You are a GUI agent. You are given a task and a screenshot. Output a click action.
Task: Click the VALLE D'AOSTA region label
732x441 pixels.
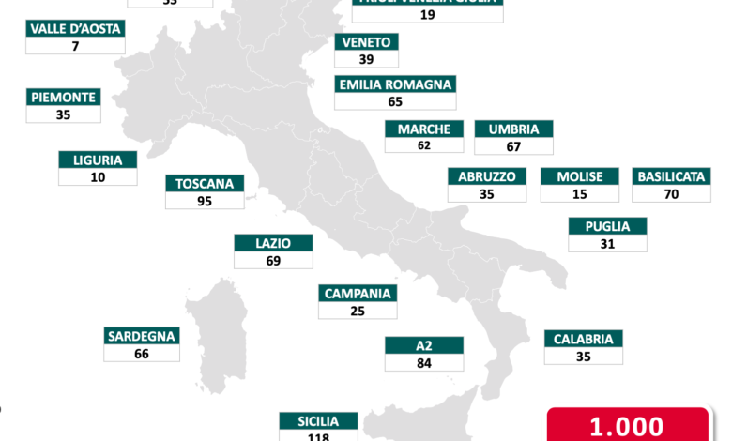click(75, 28)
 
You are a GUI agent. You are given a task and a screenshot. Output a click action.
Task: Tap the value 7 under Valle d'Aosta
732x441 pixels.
click(75, 45)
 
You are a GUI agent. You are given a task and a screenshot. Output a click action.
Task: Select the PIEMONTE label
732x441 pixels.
click(64, 97)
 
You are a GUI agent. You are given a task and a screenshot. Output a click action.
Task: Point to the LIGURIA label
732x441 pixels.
click(98, 160)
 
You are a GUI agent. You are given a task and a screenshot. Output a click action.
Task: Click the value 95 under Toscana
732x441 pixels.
click(204, 201)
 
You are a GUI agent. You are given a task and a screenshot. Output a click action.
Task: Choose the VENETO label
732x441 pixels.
click(367, 41)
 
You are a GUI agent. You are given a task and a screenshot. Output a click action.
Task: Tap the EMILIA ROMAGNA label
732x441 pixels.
click(394, 84)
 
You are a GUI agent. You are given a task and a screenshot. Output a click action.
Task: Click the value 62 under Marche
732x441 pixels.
click(424, 145)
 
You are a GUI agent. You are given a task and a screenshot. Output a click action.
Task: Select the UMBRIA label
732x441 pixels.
click(513, 129)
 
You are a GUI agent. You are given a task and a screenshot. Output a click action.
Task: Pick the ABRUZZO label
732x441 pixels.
click(487, 176)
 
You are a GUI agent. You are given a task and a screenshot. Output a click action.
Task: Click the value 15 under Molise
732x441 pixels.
click(579, 193)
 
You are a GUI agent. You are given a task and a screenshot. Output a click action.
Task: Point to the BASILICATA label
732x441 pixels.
click(671, 176)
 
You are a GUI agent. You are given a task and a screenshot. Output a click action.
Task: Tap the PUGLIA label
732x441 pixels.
click(607, 225)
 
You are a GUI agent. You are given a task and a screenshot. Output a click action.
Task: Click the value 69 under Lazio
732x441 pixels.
click(273, 260)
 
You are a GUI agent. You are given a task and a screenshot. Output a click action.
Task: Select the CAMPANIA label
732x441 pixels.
click(358, 293)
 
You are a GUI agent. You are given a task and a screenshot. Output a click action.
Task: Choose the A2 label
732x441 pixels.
click(423, 344)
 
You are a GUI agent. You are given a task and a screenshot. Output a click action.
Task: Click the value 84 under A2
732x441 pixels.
click(423, 362)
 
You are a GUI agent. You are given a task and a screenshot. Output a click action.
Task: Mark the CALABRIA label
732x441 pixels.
click(583, 339)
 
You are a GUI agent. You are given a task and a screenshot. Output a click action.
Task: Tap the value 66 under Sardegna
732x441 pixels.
click(142, 354)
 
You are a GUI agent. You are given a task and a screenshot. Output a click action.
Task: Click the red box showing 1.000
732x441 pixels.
click(626, 426)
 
